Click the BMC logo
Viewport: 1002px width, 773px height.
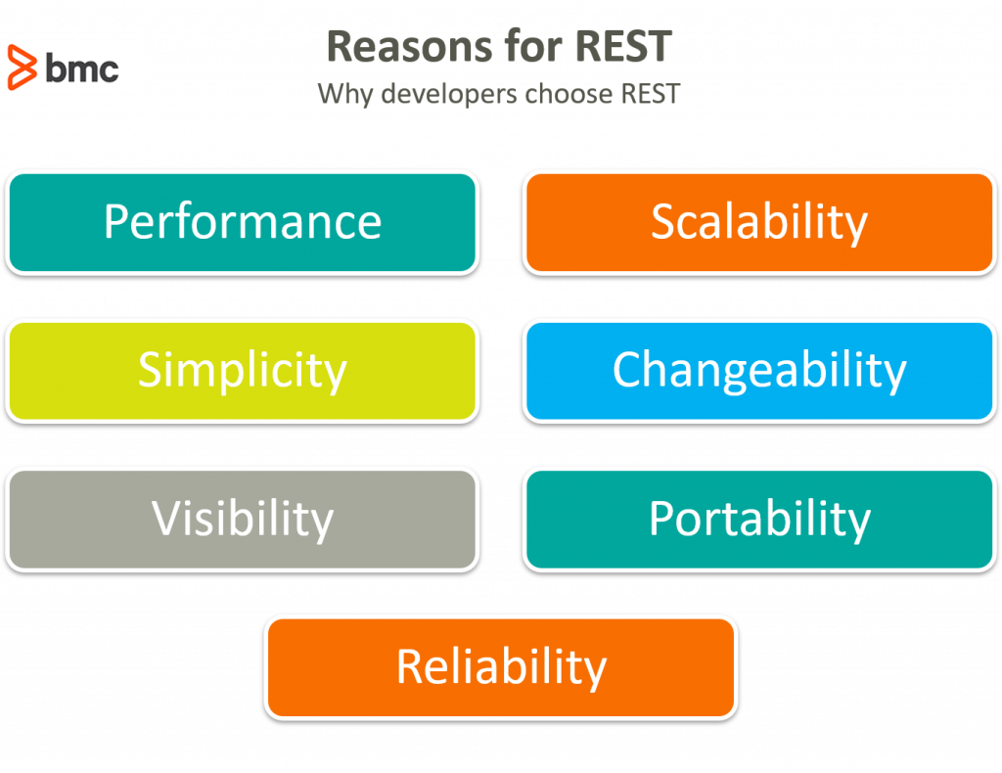74,64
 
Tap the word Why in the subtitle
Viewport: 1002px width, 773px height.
339,95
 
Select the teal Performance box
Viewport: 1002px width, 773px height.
242,222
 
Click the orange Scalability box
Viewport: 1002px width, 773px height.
758,222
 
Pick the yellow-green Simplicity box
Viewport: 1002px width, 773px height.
242,371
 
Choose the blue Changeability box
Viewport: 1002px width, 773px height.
758,371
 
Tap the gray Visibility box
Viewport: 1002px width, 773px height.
242,520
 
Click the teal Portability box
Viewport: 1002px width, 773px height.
758,520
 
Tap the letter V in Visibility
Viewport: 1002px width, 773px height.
165,519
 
